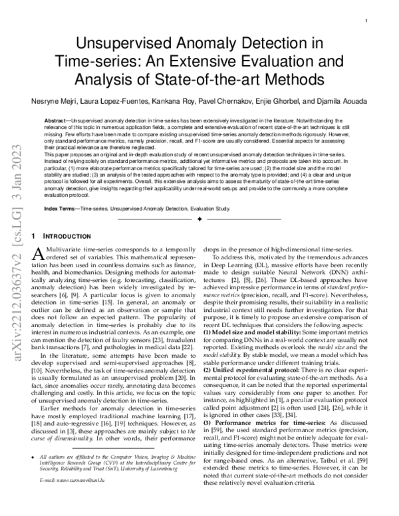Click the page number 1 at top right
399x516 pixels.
[x=366, y=21]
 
